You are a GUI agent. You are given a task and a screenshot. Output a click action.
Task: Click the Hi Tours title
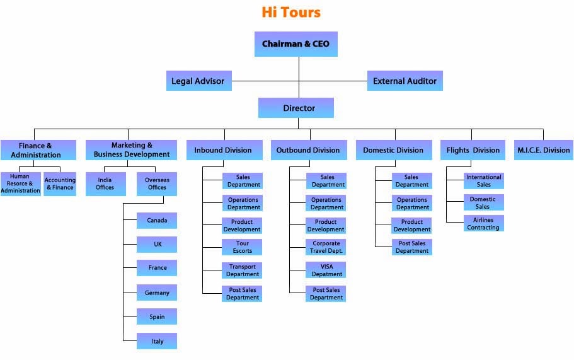pyautogui.click(x=291, y=12)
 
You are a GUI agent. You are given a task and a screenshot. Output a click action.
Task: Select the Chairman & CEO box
pyautogui.click(x=296, y=44)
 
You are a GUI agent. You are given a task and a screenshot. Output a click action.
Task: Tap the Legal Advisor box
pyautogui.click(x=198, y=81)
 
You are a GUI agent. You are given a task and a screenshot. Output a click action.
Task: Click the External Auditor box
pyautogui.click(x=405, y=81)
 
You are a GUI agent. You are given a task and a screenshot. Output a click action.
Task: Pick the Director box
pyautogui.click(x=296, y=108)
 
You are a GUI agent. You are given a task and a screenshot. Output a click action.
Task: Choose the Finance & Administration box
pyautogui.click(x=38, y=150)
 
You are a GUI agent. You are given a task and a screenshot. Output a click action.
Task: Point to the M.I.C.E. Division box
pyautogui.click(x=543, y=150)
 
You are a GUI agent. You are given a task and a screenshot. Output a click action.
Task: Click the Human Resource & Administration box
pyautogui.click(x=21, y=183)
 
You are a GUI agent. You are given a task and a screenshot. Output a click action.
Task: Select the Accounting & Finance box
pyautogui.click(x=60, y=183)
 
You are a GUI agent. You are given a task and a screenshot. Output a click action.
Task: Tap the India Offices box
pyautogui.click(x=105, y=183)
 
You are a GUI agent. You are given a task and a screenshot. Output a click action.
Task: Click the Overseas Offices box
pyautogui.click(x=157, y=183)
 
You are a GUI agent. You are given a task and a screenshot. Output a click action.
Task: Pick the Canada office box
pyautogui.click(x=157, y=221)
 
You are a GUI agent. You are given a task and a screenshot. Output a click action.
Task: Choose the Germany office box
pyautogui.click(x=157, y=293)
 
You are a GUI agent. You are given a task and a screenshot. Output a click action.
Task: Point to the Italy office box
pyautogui.click(x=157, y=341)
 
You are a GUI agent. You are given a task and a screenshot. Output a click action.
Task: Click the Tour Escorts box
pyautogui.click(x=242, y=247)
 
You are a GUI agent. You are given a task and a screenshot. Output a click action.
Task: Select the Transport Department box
pyautogui.click(x=242, y=270)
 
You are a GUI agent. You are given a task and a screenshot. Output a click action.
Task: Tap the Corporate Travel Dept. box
pyautogui.click(x=326, y=247)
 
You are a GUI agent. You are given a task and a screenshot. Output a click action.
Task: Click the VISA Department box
pyautogui.click(x=326, y=270)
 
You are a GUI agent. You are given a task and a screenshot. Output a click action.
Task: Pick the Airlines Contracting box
pyautogui.click(x=483, y=224)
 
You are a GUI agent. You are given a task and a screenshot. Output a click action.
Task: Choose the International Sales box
pyautogui.click(x=483, y=181)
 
